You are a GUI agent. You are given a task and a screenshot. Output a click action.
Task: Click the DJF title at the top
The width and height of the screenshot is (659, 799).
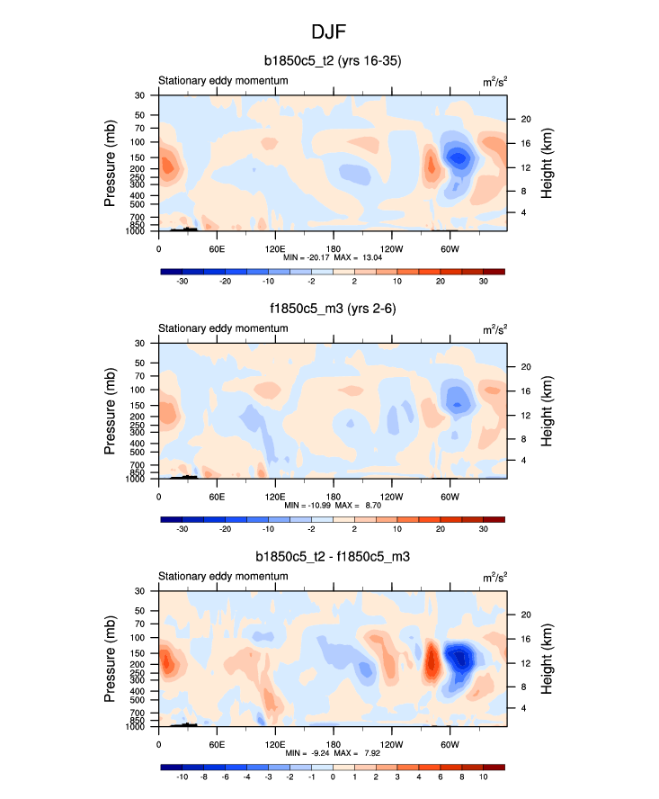point(329,31)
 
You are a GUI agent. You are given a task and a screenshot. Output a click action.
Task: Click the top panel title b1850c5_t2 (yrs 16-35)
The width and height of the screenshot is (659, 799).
point(332,62)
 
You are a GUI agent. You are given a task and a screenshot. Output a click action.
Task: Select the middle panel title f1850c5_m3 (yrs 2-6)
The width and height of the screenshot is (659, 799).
point(332,310)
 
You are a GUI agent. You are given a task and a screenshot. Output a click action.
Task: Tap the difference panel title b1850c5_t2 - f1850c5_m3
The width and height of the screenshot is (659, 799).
point(332,558)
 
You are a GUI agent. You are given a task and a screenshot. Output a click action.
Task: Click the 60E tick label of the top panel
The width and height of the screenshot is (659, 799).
point(217,248)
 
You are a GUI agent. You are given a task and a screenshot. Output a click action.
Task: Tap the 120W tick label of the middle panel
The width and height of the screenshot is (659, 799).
point(392,497)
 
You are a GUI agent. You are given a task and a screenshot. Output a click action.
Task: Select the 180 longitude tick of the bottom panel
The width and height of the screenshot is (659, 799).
point(334,745)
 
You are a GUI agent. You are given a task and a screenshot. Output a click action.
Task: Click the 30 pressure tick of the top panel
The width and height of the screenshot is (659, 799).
point(140,94)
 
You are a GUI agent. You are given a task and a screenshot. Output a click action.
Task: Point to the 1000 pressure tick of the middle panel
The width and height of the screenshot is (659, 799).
point(137,480)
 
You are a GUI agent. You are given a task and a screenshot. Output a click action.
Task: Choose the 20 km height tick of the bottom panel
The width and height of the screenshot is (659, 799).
point(526,615)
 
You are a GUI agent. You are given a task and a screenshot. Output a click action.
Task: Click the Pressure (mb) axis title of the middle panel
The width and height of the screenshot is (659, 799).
point(111,411)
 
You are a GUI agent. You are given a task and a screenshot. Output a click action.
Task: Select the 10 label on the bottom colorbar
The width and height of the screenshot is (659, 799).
point(483,777)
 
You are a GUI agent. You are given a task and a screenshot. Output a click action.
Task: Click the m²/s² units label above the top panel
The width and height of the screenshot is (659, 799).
point(494,81)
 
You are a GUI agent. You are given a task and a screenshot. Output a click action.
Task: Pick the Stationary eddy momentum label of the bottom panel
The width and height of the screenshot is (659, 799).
point(223,576)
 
